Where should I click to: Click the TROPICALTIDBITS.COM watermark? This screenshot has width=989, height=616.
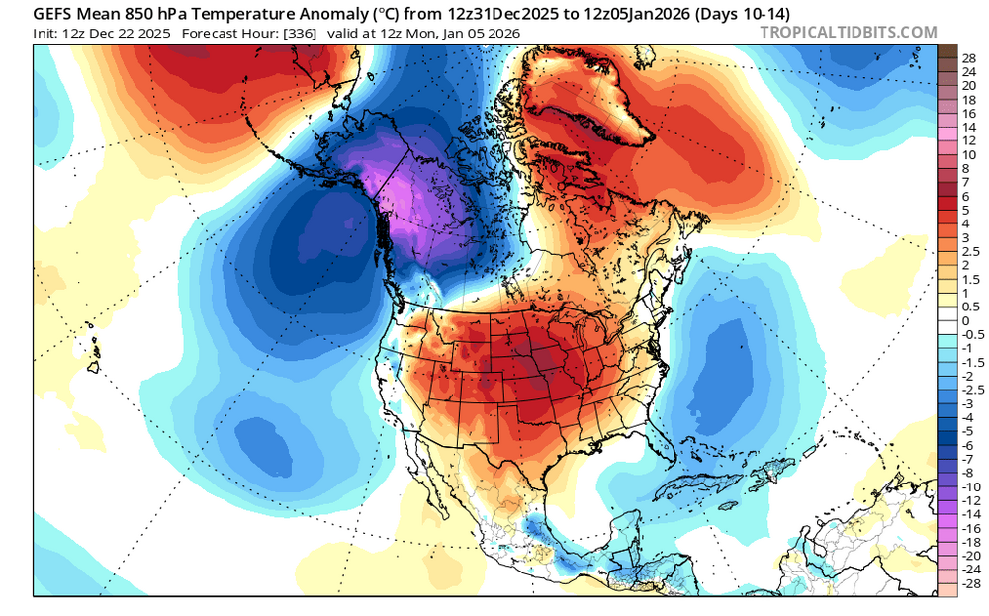pos(849,32)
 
